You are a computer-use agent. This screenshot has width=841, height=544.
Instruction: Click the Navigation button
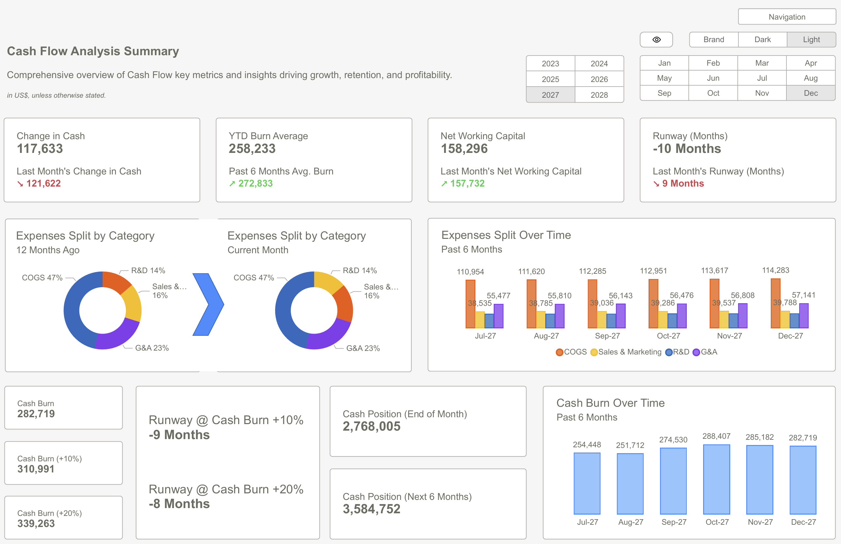click(787, 17)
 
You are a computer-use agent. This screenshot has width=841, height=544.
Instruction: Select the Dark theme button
click(762, 40)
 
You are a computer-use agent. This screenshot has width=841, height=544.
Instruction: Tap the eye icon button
click(656, 40)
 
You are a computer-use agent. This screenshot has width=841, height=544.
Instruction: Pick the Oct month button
click(713, 93)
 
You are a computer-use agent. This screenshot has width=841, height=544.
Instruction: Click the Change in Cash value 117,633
click(40, 149)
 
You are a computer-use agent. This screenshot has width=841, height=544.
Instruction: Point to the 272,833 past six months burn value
click(256, 183)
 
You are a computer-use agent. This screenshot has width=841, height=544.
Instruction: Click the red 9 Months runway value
click(683, 183)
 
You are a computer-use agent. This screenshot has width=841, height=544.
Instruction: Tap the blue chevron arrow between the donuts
click(208, 304)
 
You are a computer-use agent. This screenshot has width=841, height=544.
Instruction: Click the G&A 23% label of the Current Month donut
click(363, 348)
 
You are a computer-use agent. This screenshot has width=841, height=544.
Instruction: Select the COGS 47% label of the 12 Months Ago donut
click(42, 278)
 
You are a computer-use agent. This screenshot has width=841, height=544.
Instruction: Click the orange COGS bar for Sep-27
click(592, 304)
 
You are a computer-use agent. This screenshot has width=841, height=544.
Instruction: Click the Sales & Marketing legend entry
click(626, 352)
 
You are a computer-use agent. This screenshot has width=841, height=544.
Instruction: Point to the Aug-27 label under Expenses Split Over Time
click(546, 336)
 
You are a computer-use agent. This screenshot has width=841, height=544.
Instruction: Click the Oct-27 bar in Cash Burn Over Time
click(716, 479)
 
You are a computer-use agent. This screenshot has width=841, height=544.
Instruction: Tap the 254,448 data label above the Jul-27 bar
click(587, 444)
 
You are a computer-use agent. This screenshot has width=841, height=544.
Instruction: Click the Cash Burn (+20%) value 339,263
click(36, 523)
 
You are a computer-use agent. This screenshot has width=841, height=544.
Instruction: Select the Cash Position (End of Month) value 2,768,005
click(371, 426)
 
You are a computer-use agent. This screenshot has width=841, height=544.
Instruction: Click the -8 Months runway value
click(179, 504)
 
